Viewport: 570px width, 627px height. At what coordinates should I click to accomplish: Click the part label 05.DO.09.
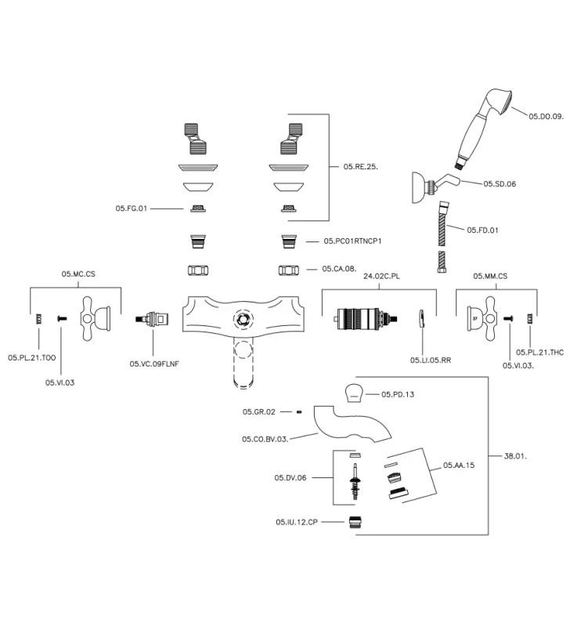[x=546, y=117]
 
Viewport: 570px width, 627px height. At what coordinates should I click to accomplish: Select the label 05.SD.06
[x=500, y=183]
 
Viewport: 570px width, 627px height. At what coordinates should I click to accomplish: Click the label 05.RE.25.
[x=361, y=166]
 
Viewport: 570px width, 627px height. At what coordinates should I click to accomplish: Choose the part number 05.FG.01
[x=132, y=208]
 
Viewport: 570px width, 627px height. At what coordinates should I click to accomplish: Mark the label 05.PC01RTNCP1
[x=352, y=242]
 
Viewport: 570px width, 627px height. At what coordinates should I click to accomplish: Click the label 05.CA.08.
[x=339, y=269]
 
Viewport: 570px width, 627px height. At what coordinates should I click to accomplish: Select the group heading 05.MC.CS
[x=78, y=274]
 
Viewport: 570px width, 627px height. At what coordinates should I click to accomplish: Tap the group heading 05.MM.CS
[x=491, y=276]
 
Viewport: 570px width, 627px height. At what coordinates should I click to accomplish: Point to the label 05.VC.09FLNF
[x=155, y=364]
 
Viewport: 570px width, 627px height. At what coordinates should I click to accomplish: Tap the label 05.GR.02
[x=259, y=411]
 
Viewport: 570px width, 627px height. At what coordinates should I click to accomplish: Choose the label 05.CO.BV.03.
[x=265, y=439]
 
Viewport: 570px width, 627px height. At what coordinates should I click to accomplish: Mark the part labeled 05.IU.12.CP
[x=357, y=521]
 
